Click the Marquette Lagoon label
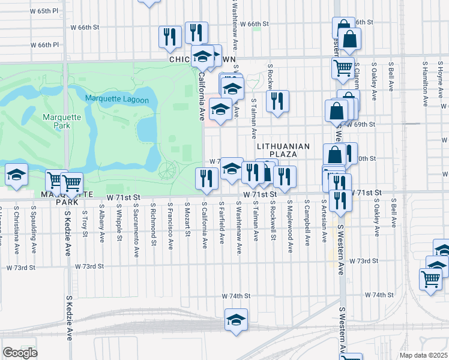116,99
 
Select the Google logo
20,352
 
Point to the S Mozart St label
188,219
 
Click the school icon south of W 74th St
236,319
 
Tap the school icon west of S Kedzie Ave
16,175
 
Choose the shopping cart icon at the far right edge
430,278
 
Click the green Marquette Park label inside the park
56,121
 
